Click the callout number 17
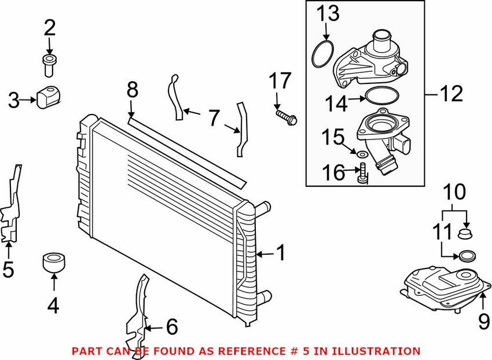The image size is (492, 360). click(x=280, y=81)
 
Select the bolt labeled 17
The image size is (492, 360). click(x=286, y=117)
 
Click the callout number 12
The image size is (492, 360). click(x=451, y=94)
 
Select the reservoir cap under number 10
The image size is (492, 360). click(x=465, y=233)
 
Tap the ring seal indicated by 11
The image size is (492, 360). click(x=467, y=256)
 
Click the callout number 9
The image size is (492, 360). click(x=483, y=321)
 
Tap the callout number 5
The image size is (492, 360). click(x=8, y=269)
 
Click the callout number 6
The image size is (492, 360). click(x=172, y=327)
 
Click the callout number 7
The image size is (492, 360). click(x=214, y=118)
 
